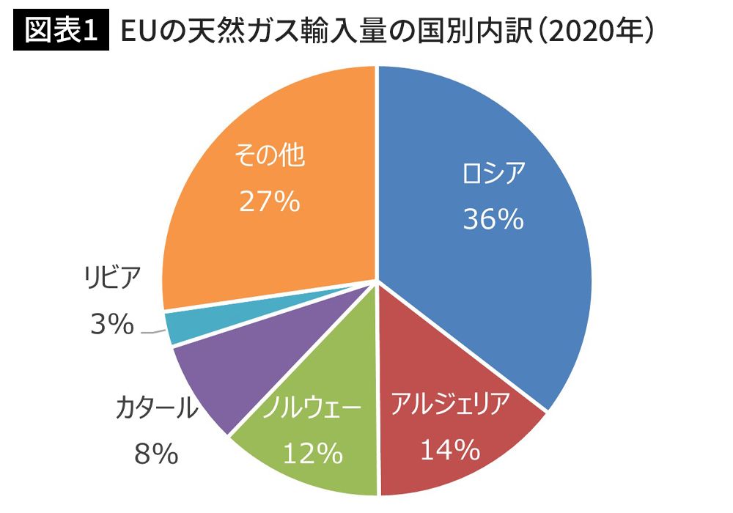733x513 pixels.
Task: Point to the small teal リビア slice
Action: pyautogui.click(x=176, y=327)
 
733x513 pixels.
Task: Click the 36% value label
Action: pyautogui.click(x=493, y=218)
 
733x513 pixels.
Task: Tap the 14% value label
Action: pyautogui.click(x=449, y=449)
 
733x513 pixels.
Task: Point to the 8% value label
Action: pyautogui.click(x=156, y=454)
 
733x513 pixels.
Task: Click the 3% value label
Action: pyautogui.click(x=111, y=324)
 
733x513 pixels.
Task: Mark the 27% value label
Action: pyautogui.click(x=269, y=202)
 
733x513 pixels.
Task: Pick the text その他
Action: pyautogui.click(x=269, y=155)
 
